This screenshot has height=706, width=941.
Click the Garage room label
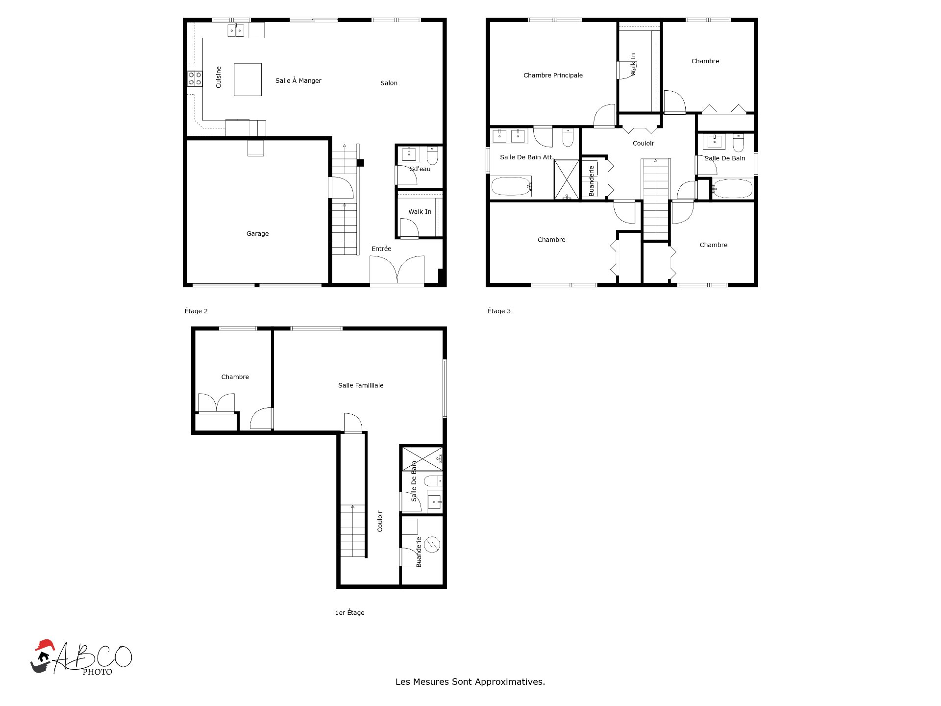click(257, 234)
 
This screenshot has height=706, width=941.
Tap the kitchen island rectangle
click(248, 79)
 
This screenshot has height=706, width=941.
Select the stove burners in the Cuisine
click(195, 78)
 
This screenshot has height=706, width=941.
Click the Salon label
click(389, 83)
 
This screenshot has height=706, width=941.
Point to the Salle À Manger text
click(298, 81)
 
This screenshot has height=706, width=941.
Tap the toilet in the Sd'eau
click(432, 156)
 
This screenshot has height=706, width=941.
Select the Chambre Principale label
click(553, 76)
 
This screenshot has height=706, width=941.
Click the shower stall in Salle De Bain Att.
click(567, 179)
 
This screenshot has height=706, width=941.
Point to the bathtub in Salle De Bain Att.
click(511, 186)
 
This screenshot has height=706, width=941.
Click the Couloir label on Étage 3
click(643, 144)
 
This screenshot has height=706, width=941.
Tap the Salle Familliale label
click(361, 385)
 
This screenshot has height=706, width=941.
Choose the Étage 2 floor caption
click(196, 311)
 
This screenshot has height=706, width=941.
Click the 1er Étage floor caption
click(349, 612)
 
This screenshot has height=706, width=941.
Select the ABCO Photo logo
click(81, 657)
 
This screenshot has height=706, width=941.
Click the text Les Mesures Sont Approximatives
click(470, 681)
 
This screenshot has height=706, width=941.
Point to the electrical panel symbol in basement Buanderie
click(432, 544)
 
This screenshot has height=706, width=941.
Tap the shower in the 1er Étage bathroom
click(422, 458)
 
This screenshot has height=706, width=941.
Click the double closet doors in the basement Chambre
click(216, 403)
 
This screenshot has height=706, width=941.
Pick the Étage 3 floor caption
click(499, 311)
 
